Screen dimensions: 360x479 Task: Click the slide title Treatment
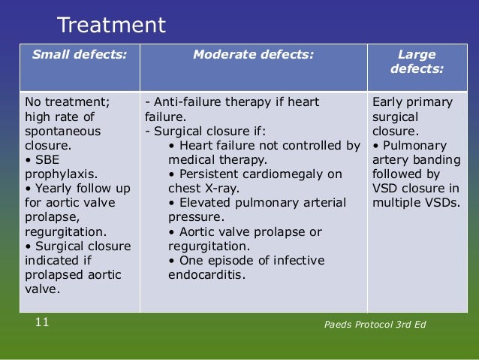tap(111, 26)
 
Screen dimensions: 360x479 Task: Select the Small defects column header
tap(78, 54)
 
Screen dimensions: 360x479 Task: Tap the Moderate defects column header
tap(253, 54)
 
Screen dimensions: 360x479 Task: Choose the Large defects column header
tap(417, 62)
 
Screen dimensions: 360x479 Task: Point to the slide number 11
tap(42, 322)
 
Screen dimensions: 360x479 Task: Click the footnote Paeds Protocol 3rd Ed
tap(378, 324)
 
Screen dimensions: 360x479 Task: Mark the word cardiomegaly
tap(281, 174)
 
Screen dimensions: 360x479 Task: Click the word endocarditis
tap(207, 274)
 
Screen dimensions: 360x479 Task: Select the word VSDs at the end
tap(441, 203)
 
